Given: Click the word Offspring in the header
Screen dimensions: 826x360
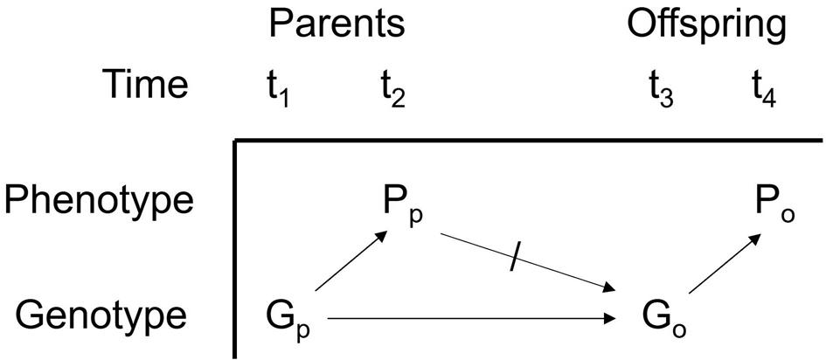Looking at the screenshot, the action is [x=705, y=26].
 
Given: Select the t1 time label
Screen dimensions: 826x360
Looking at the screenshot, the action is [x=278, y=87].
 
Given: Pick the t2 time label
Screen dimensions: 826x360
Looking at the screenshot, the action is [x=392, y=87].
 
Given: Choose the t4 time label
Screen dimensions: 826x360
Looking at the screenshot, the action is [x=763, y=87].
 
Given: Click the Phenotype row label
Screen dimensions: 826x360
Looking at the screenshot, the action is [x=98, y=201].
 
